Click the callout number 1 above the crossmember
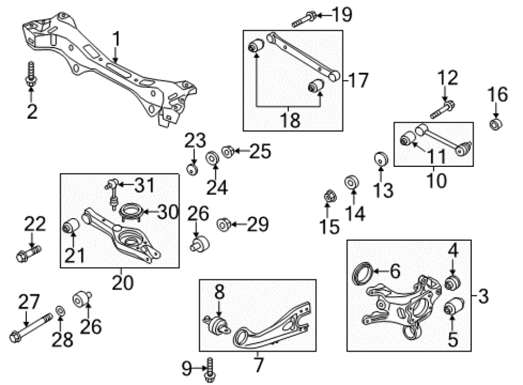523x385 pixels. [x=116, y=39]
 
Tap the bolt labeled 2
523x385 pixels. [x=31, y=75]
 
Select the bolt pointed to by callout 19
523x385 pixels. [x=304, y=19]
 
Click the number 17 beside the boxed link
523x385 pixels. [x=358, y=80]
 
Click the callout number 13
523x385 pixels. [x=384, y=190]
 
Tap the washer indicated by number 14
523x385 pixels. [x=352, y=182]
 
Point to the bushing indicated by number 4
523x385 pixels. [x=453, y=283]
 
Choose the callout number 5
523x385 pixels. [x=453, y=338]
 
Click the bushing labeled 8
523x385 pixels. [x=217, y=325]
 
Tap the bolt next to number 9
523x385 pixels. [x=210, y=370]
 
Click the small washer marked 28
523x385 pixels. [x=60, y=312]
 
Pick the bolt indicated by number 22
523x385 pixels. [x=28, y=254]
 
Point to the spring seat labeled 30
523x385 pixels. [x=131, y=212]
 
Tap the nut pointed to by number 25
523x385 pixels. [x=227, y=151]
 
